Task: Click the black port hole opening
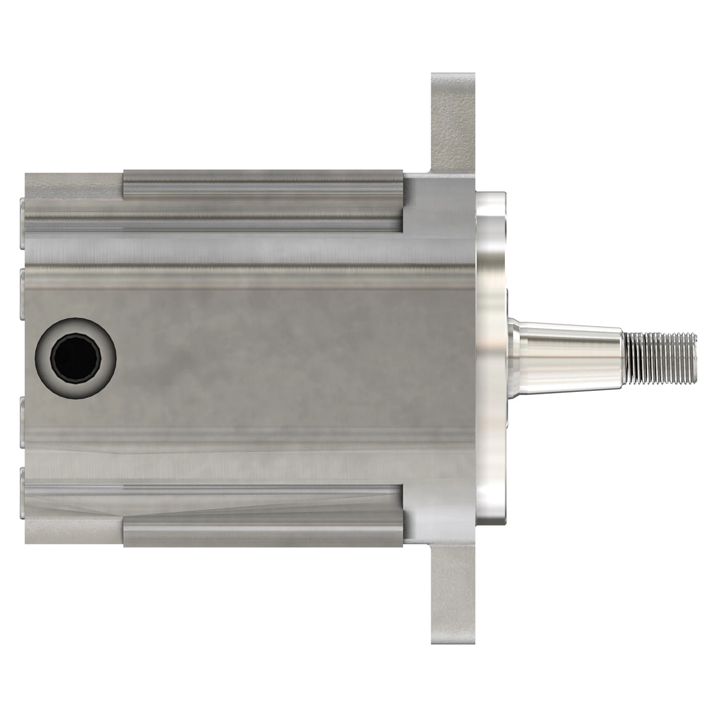[x=75, y=358]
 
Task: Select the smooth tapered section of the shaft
[x=574, y=347]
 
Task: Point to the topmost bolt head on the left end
[x=22, y=224]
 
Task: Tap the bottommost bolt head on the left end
[x=22, y=493]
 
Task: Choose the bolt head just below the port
[x=22, y=421]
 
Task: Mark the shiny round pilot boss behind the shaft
[x=491, y=358]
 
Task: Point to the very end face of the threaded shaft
[x=694, y=358]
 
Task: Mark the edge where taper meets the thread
[x=625, y=358]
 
